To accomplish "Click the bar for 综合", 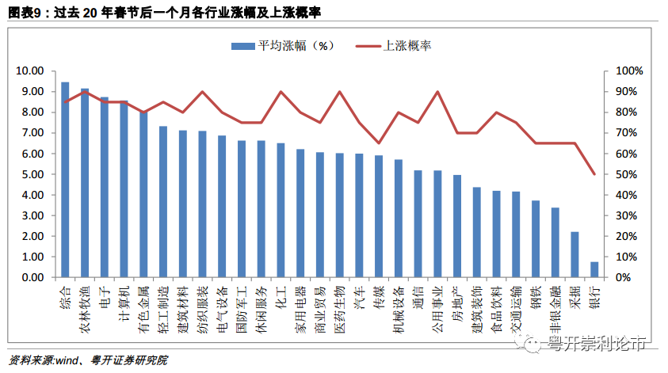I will [65, 180].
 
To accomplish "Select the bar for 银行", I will [594, 269].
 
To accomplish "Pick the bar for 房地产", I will [457, 226].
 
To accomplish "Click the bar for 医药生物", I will [339, 215].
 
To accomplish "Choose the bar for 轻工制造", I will [163, 202].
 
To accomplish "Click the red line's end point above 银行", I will [594, 174].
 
